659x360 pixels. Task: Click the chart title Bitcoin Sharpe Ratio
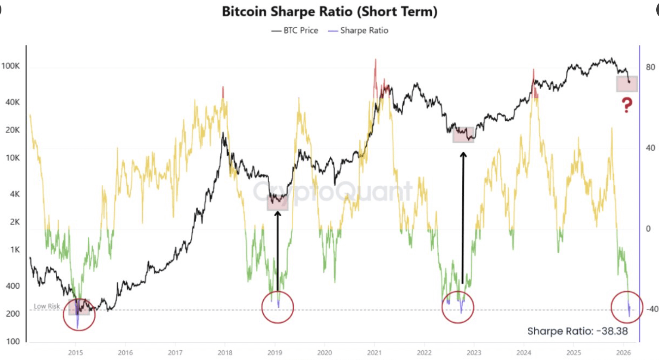click(x=329, y=12)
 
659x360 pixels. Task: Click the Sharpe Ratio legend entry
click(x=358, y=31)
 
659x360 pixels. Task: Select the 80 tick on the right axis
click(x=651, y=67)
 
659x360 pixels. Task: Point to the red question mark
click(x=626, y=105)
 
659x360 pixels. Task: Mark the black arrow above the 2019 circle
click(x=278, y=250)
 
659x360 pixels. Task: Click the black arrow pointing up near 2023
click(x=463, y=217)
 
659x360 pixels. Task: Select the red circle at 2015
click(x=79, y=314)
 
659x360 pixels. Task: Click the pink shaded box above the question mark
click(x=627, y=84)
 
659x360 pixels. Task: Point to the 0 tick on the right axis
click(x=649, y=229)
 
